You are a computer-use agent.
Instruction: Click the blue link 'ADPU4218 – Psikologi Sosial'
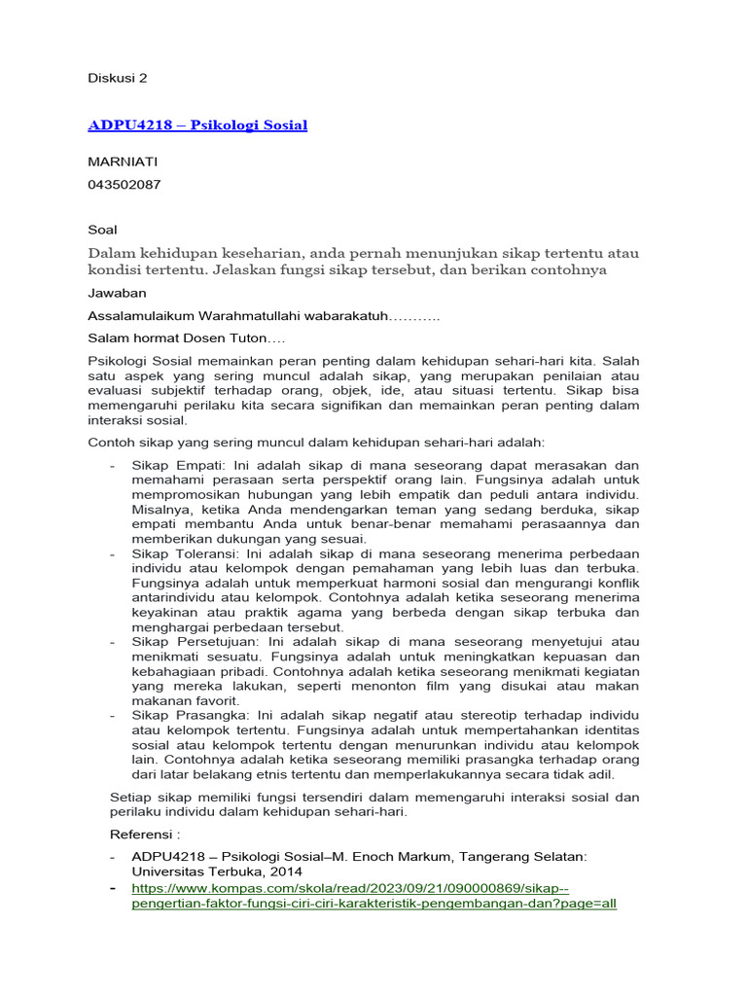[x=197, y=124]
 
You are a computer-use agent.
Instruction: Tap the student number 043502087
[x=124, y=184]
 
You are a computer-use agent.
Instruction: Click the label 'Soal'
[x=102, y=230]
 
